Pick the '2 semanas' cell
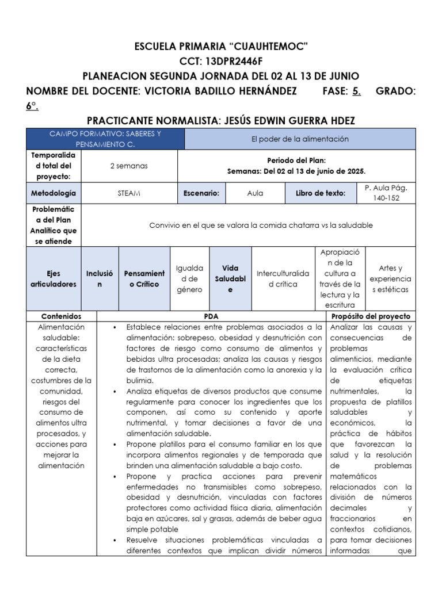click(129, 166)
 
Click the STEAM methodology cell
click(129, 193)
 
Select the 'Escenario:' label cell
click(201, 193)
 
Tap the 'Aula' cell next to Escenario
click(255, 193)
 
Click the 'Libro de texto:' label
click(321, 193)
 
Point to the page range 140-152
click(386, 198)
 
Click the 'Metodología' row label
click(54, 193)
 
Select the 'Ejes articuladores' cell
click(54, 279)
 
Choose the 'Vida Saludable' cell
click(230, 279)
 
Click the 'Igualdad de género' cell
click(189, 279)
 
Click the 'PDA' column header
click(211, 316)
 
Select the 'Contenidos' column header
click(61, 316)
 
